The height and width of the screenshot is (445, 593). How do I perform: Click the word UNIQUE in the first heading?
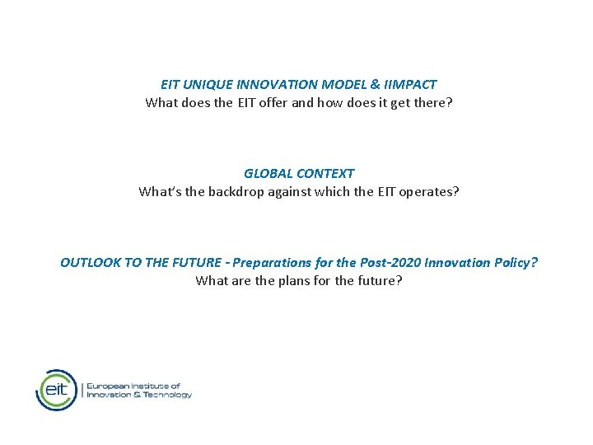208,85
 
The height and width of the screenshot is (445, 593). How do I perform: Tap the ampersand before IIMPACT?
374,85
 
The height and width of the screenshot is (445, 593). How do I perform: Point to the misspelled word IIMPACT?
409,85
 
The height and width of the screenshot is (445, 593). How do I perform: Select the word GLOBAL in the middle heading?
268,174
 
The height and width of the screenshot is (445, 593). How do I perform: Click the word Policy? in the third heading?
516,263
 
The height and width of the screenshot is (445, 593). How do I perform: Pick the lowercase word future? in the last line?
379,281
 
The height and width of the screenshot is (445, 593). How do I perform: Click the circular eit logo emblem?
56,390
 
